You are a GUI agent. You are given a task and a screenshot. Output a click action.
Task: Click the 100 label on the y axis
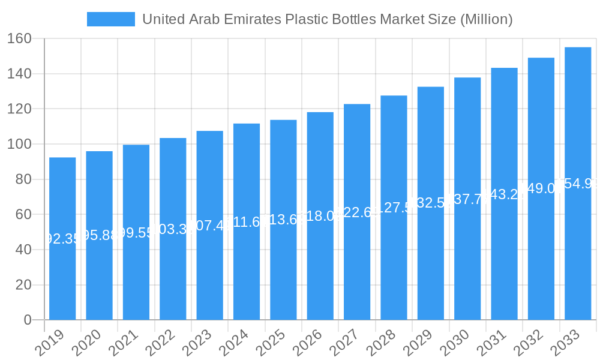coord(20,145)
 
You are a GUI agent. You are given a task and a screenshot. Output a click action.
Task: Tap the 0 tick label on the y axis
coord(28,320)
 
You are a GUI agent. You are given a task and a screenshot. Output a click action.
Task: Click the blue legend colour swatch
coord(111,19)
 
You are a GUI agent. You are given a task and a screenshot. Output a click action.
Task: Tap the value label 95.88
coord(99,235)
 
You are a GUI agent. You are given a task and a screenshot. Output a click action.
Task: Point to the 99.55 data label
coord(136,232)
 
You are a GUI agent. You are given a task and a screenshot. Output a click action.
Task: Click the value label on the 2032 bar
coord(541,188)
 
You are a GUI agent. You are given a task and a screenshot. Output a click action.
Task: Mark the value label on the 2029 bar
coord(431,203)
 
